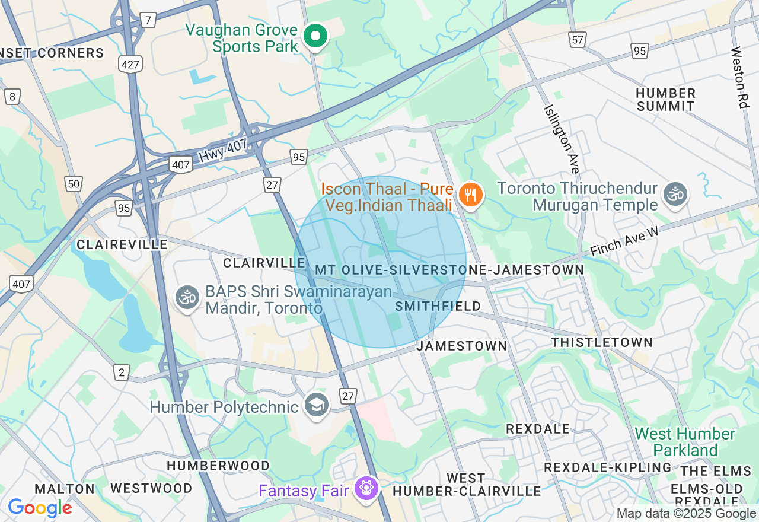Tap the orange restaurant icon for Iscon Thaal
point(470,195)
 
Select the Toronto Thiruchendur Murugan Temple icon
point(675,195)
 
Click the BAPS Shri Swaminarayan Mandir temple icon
point(188,297)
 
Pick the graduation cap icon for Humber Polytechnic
point(317,406)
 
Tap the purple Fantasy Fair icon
point(366,488)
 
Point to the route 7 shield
point(148,20)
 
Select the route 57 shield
point(577,40)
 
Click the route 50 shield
point(74,184)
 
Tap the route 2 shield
point(122,373)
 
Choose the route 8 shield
point(12,97)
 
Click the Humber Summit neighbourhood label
point(665,100)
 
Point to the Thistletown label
point(602,343)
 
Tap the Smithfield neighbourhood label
point(438,306)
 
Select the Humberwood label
point(218,466)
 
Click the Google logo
point(40,508)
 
